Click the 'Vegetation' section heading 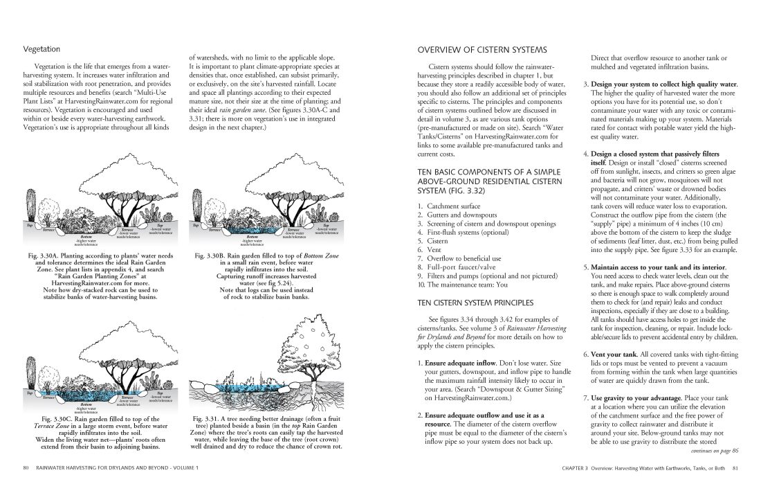pos(42,49)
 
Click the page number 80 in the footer pos(25,469)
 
